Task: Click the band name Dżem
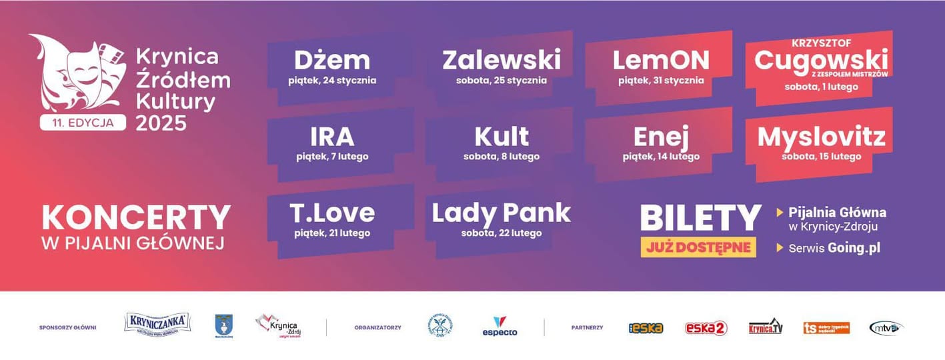[x=331, y=61]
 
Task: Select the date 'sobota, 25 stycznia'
[x=501, y=81]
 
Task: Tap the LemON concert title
[x=661, y=61]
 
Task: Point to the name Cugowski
[x=821, y=59]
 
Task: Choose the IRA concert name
[x=332, y=137]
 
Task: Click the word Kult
[x=502, y=137]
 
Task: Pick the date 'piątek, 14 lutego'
[x=661, y=157]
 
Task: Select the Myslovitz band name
[x=821, y=137]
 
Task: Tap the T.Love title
[x=332, y=213]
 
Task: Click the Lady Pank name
[x=501, y=213]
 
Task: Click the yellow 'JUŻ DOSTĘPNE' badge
[x=698, y=247]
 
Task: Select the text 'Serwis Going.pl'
[x=834, y=248]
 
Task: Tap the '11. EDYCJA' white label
[x=83, y=123]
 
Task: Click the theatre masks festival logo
[x=77, y=73]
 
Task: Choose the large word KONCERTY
[x=136, y=218]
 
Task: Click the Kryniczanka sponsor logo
[x=157, y=324]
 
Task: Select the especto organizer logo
[x=500, y=326]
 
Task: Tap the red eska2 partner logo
[x=706, y=328]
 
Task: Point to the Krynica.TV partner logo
[x=765, y=327]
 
